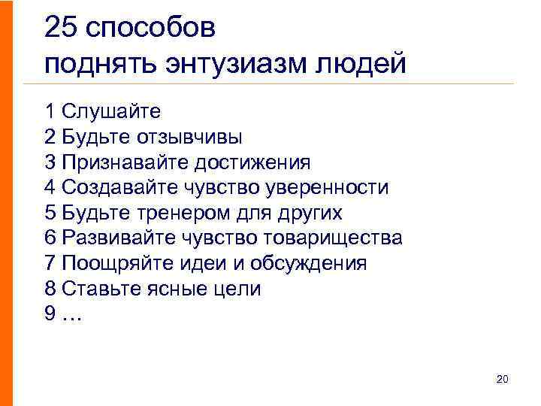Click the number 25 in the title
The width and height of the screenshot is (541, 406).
click(x=60, y=29)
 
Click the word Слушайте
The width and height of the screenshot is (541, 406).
click(x=112, y=112)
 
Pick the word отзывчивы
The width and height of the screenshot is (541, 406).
click(x=198, y=138)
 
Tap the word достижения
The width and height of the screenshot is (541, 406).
click(x=252, y=163)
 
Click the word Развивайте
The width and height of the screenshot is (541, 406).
click(x=119, y=238)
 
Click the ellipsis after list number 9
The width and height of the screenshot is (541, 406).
click(x=71, y=315)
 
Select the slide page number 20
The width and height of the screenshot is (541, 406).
click(x=503, y=380)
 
